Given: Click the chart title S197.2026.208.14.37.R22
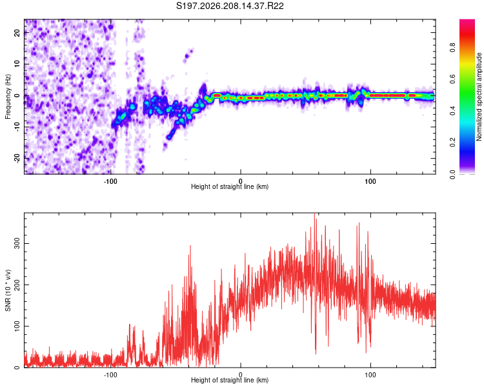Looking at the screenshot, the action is tap(230, 6).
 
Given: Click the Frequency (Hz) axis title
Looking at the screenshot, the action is tap(8, 97).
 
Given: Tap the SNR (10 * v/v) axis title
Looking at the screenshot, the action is tap(8, 290).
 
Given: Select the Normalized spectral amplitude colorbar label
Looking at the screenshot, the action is tap(479, 97).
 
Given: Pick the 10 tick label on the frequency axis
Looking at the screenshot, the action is tap(17, 64).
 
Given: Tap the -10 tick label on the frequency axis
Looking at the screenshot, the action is tap(17, 127).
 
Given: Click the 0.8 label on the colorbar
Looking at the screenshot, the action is tap(452, 47).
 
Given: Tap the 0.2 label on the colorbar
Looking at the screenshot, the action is tap(452, 143).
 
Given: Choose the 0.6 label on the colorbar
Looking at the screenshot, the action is tap(452, 79).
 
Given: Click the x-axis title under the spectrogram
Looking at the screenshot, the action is tap(230, 186).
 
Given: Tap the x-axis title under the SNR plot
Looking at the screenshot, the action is tap(230, 380).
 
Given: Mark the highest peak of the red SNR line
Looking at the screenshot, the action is tap(314, 213).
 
